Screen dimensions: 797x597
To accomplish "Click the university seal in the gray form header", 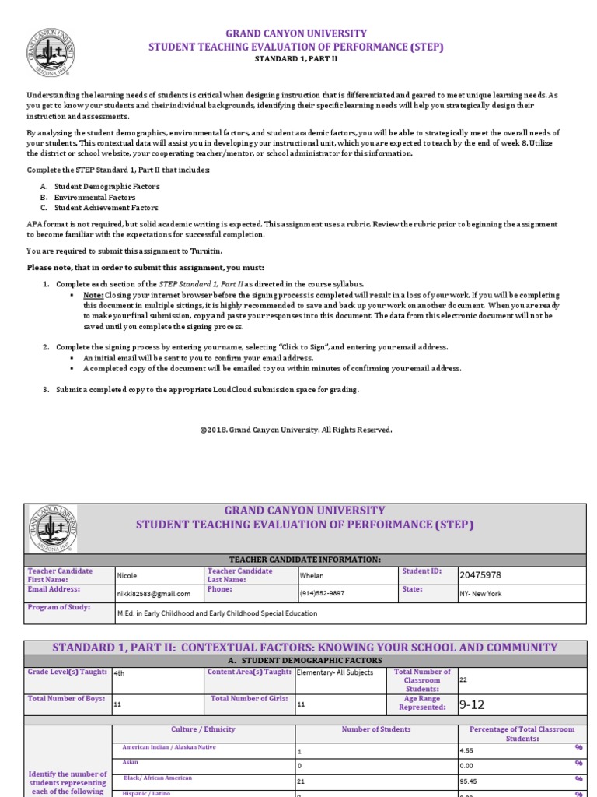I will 53,528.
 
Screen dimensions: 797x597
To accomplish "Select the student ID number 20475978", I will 480,575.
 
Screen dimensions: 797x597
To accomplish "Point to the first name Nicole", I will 127,576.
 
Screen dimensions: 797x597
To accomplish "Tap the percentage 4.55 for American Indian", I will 468,751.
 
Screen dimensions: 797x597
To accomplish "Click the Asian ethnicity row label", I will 131,763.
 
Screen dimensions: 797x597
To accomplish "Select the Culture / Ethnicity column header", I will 204,729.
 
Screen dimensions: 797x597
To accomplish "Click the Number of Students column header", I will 376,729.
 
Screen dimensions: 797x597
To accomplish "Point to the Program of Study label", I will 59,607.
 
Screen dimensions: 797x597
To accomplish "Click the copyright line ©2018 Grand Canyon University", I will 296,430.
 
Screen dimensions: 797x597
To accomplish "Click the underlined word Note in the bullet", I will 93,296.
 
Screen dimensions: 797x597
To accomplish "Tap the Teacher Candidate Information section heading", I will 304,560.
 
